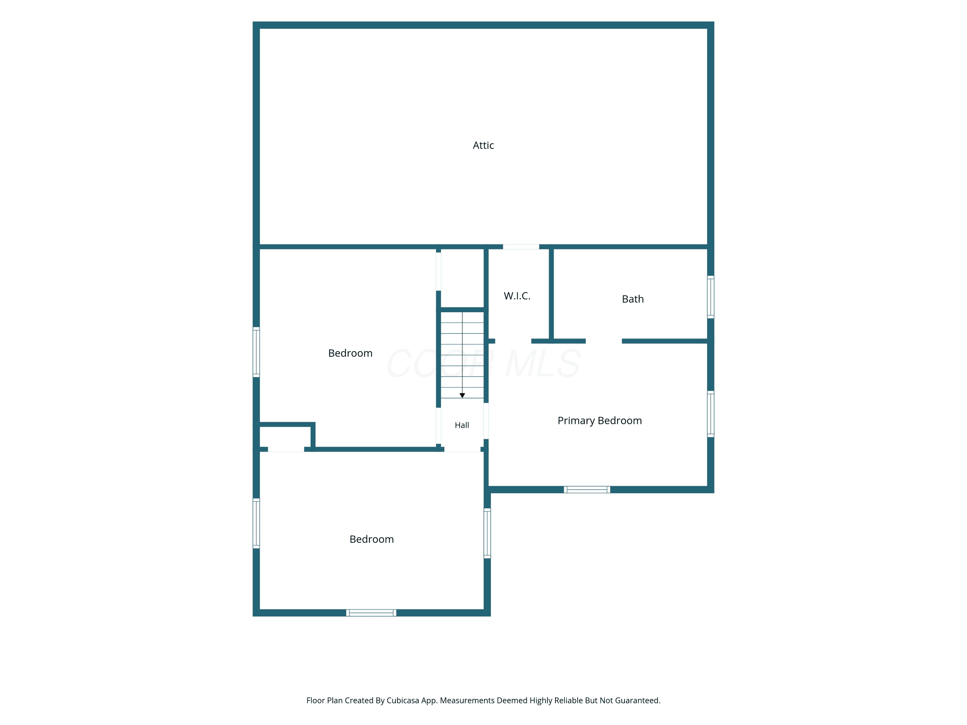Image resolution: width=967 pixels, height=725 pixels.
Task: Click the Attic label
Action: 483,146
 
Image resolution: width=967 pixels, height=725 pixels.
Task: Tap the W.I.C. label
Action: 517,296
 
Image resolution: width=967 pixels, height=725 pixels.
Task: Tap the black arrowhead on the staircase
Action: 462,395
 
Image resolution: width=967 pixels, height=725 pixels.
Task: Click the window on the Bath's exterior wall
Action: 710,297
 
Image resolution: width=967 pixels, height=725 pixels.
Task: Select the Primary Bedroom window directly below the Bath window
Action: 710,414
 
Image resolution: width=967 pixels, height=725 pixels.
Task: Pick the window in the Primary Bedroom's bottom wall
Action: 587,489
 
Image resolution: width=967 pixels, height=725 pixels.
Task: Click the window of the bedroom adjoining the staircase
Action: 256,352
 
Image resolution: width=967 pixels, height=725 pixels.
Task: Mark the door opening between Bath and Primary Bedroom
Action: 604,341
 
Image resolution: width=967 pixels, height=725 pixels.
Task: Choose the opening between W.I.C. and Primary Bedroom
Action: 513,341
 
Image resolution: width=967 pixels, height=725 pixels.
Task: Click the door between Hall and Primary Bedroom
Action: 486,421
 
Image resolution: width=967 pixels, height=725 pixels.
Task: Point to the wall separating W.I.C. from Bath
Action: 551,294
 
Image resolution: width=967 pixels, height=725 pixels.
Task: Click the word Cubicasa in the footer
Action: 403,701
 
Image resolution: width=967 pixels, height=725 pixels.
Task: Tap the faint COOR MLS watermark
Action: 484,363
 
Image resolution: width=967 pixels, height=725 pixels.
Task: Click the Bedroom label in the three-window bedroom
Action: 372,539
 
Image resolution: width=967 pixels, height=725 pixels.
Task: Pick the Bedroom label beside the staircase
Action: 350,353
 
